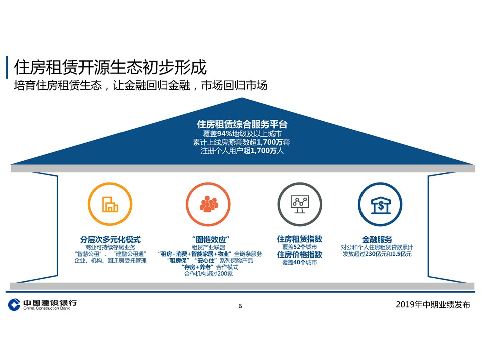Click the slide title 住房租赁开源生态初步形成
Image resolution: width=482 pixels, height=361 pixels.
tap(110, 67)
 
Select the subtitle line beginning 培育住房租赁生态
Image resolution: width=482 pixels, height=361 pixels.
tap(141, 85)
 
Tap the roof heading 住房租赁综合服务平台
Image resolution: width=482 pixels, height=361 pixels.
tap(242, 124)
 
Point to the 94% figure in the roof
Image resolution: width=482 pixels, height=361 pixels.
tap(225, 134)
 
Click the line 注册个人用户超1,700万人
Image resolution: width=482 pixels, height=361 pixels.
tap(242, 151)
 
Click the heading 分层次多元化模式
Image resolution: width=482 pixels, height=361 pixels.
tap(110, 240)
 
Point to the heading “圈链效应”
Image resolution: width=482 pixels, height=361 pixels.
tap(211, 240)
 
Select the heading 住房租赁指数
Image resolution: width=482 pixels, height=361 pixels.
tap(300, 239)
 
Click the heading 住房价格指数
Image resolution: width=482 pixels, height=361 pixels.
tap(300, 255)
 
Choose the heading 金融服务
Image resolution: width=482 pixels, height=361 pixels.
tap(377, 240)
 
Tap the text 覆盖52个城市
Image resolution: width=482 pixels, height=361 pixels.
tap(300, 247)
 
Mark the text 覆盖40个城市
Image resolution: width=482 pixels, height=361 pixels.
tap(300, 262)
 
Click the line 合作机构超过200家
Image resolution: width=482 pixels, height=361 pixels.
tap(208, 274)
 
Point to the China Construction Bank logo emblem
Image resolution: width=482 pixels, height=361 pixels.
tap(14, 304)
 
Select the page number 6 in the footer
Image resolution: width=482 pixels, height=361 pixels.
tap(240, 306)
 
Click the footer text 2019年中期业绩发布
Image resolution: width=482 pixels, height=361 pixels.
tap(433, 304)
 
